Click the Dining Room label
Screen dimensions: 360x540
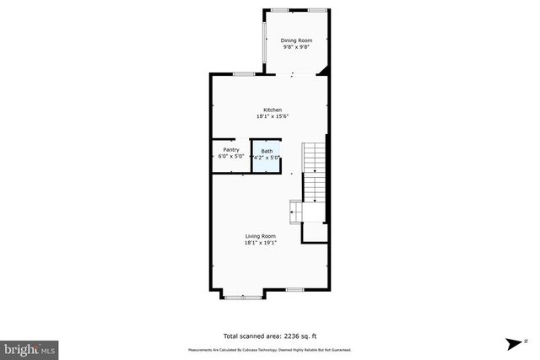tap(296, 40)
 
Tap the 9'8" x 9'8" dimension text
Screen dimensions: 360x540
tap(296, 48)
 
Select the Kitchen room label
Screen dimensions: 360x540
tap(273, 110)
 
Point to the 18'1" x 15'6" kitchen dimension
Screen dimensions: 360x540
tap(273, 116)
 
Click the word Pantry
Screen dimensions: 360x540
tap(231, 150)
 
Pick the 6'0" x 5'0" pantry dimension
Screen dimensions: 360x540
tap(231, 157)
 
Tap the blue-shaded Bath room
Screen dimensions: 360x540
tap(267, 156)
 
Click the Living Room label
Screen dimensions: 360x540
tap(261, 236)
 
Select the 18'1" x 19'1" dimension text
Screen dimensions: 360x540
tap(261, 243)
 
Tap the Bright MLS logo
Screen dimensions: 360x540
tap(30, 348)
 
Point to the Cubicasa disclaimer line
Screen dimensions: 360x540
tap(269, 350)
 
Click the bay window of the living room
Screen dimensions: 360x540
tap(242, 296)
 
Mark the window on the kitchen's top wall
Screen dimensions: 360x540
tap(243, 75)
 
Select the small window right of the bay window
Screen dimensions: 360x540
tap(294, 290)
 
